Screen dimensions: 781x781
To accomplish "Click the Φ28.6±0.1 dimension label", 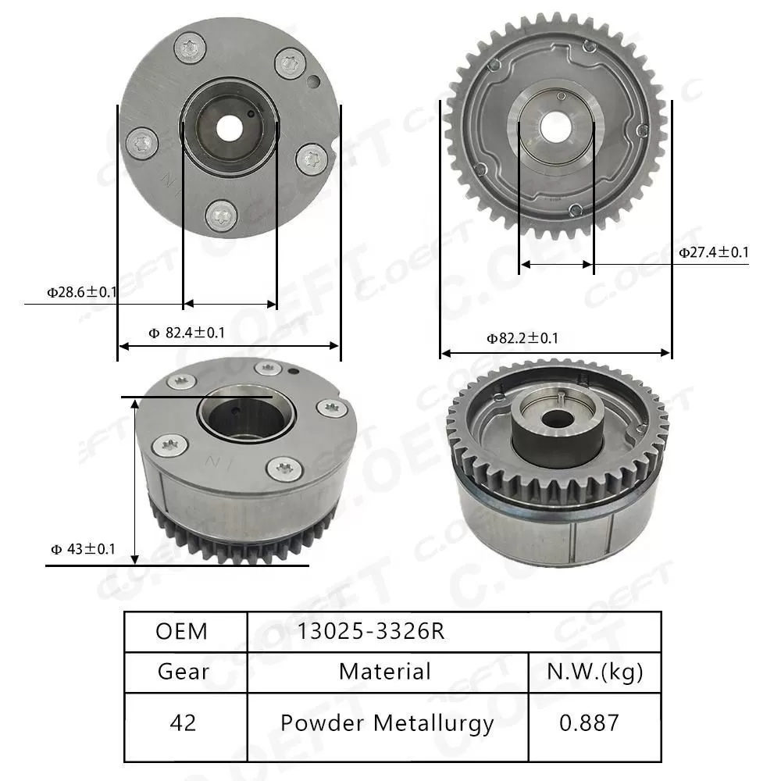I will [x=81, y=293].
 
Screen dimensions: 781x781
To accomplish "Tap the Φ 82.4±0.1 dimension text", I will [x=187, y=333].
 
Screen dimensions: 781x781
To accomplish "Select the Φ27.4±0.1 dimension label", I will [x=713, y=252].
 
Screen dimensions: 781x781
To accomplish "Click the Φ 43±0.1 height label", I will [x=83, y=549].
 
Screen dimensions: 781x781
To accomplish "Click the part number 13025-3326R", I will [x=370, y=631].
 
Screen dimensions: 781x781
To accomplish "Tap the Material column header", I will [x=385, y=671].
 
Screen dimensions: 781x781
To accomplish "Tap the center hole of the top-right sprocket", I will [x=555, y=124].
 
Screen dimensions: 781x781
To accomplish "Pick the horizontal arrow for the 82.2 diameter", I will [x=555, y=353].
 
